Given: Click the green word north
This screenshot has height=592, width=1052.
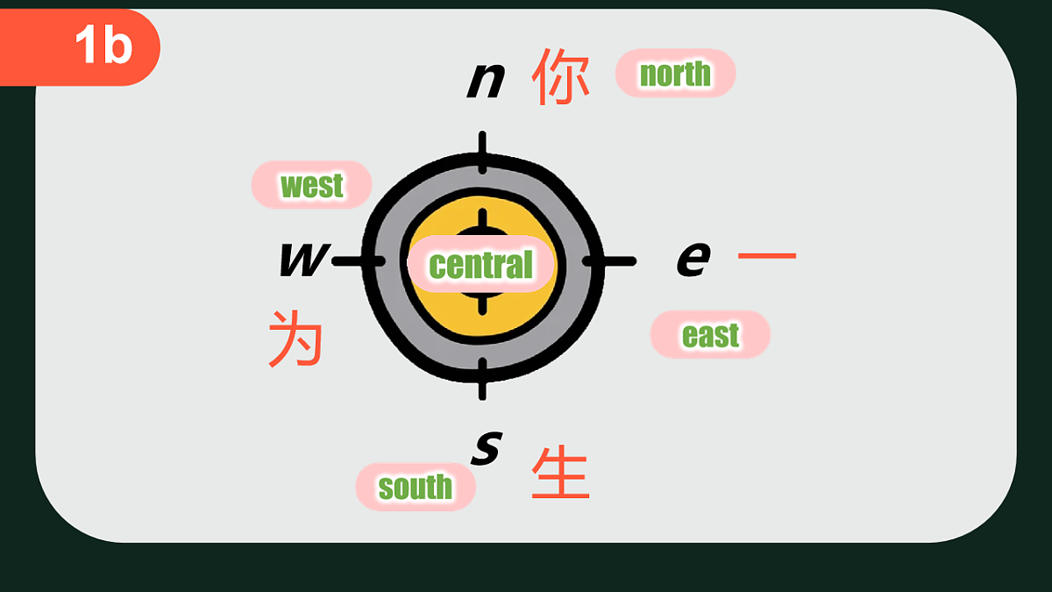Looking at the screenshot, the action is pyautogui.click(x=675, y=74).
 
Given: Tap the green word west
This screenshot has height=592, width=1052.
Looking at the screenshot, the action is pyautogui.click(x=311, y=186).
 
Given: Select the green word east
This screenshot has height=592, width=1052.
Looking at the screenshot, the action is pyautogui.click(x=711, y=335).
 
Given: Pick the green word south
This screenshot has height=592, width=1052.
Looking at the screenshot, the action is pyautogui.click(x=416, y=487).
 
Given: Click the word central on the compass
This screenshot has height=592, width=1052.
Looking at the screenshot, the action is pyautogui.click(x=481, y=265).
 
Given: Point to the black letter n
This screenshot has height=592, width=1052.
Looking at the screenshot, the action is pyautogui.click(x=486, y=81).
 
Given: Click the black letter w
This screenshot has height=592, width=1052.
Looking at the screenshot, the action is pyautogui.click(x=304, y=259).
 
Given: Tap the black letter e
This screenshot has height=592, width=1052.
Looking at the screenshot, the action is pyautogui.click(x=693, y=259).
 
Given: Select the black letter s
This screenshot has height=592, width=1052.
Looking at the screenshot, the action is pyautogui.click(x=487, y=448).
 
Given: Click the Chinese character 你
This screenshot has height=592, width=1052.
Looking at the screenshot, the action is pyautogui.click(x=560, y=76).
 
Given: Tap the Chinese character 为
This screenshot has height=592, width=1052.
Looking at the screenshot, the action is pyautogui.click(x=296, y=338).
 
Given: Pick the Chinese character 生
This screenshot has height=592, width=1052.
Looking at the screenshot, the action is pyautogui.click(x=560, y=472).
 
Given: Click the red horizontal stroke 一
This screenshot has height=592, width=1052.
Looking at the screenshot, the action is pyautogui.click(x=767, y=255).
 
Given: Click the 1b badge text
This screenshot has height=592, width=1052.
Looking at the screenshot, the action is pyautogui.click(x=103, y=44).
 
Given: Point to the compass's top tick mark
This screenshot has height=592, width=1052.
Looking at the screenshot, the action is pyautogui.click(x=482, y=153).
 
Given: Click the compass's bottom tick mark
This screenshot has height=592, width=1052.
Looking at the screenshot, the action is pyautogui.click(x=482, y=379).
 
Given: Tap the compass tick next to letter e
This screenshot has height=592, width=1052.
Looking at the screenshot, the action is pyautogui.click(x=609, y=261).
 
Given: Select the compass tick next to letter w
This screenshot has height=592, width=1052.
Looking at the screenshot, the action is pyautogui.click(x=359, y=261).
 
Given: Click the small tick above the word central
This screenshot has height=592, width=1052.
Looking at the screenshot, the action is pyautogui.click(x=482, y=222).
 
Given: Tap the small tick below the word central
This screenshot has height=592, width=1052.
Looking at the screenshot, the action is pyautogui.click(x=482, y=303).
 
